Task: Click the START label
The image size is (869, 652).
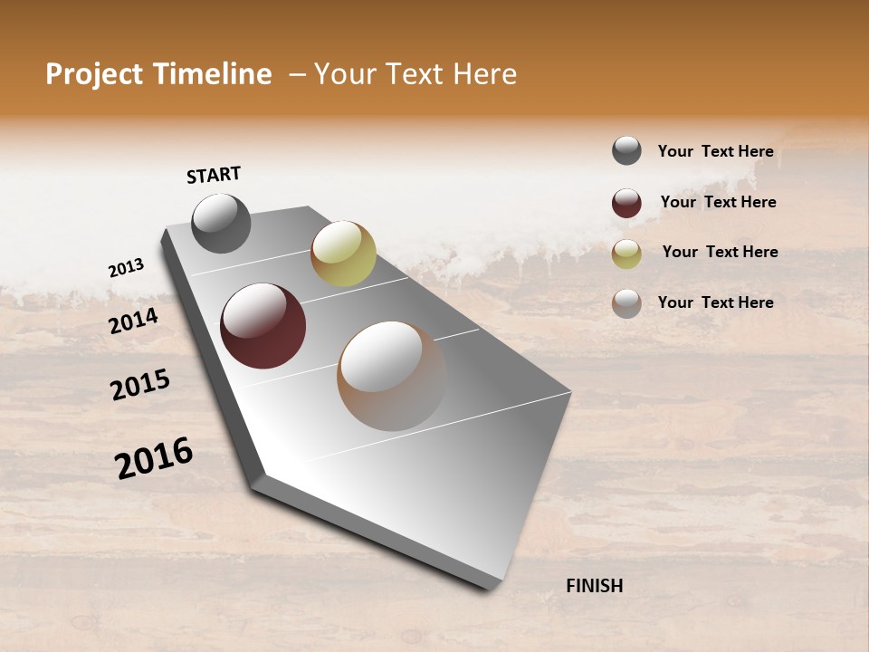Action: point(214,175)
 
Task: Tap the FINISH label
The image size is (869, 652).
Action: point(594,586)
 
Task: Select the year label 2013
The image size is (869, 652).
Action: point(126,268)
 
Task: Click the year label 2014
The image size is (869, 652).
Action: point(134,321)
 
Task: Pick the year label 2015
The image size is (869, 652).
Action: point(140,385)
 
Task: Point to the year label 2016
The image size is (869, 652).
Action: point(154,458)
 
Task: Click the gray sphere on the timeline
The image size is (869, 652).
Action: point(221,223)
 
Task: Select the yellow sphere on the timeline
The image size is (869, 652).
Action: point(343,254)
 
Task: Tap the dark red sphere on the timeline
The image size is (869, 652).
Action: point(263,326)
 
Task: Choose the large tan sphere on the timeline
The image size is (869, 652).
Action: point(392,376)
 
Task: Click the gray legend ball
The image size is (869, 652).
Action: point(626,151)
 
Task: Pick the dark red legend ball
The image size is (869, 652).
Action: point(626,203)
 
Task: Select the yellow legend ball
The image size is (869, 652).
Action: point(626,254)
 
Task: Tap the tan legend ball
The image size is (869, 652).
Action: point(626,303)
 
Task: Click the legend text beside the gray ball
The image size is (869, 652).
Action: point(715,151)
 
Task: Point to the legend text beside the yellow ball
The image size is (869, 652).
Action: point(720,252)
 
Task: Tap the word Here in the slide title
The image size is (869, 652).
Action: point(484,74)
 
